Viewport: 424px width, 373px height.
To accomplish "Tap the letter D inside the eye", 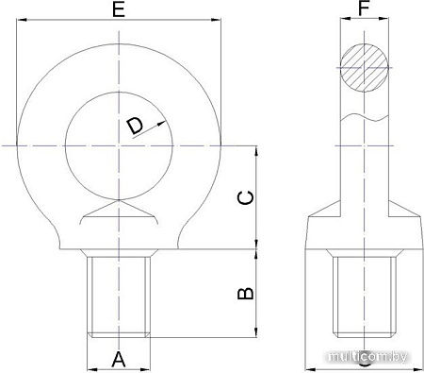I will point(135,126).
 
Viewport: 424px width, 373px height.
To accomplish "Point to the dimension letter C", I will point(243,198).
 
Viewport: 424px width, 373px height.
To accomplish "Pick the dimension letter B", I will point(243,294).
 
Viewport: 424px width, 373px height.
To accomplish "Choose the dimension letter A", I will point(118,359).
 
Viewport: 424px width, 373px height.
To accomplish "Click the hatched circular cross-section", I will point(365,68).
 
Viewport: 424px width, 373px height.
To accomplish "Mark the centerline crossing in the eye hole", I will point(119,144).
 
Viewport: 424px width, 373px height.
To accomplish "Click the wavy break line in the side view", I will point(365,118).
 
